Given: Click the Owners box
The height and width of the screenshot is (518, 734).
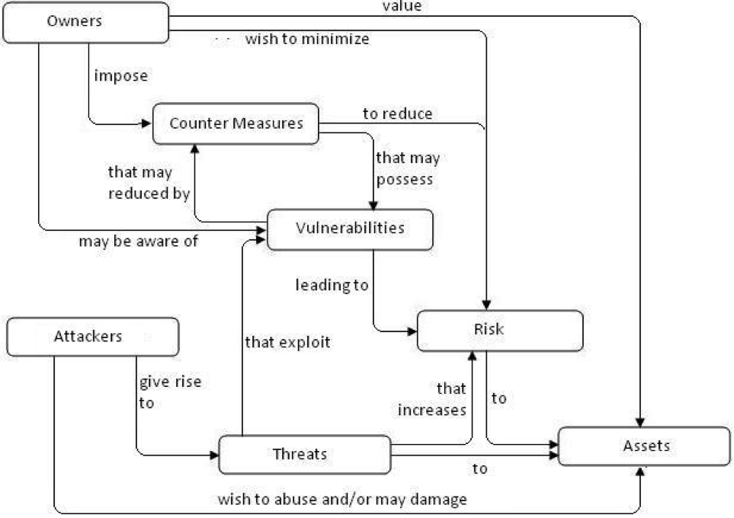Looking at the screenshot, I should (85, 21).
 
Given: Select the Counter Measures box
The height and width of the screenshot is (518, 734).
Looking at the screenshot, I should (235, 123).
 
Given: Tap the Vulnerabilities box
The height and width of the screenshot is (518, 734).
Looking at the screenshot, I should (351, 228).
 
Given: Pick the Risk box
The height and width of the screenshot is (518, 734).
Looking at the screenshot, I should (500, 330).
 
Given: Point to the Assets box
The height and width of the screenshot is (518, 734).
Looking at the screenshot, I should (645, 445).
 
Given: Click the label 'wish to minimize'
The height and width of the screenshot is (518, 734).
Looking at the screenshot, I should (306, 39).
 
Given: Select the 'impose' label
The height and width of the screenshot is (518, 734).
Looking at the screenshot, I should (120, 76).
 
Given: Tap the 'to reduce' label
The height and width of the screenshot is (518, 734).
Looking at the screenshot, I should (397, 114).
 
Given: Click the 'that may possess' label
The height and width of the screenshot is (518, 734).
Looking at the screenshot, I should (408, 168).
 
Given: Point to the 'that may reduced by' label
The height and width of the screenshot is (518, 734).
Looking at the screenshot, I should (149, 183).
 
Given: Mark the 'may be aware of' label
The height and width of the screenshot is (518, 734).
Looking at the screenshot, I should (138, 241).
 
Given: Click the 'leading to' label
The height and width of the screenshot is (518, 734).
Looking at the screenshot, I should (332, 286).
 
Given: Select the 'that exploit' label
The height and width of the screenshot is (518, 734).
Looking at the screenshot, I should (287, 342).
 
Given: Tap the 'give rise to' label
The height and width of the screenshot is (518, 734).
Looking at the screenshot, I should (169, 392).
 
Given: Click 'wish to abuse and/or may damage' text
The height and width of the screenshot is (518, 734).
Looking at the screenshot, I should (342, 500).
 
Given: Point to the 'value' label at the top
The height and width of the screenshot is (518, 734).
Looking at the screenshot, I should (402, 6).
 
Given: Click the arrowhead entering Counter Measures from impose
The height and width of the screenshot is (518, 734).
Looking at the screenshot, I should (147, 123).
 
